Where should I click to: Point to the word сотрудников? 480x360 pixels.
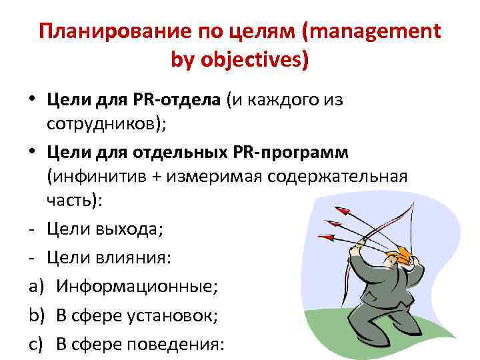107,125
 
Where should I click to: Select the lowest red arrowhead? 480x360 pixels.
326,235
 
